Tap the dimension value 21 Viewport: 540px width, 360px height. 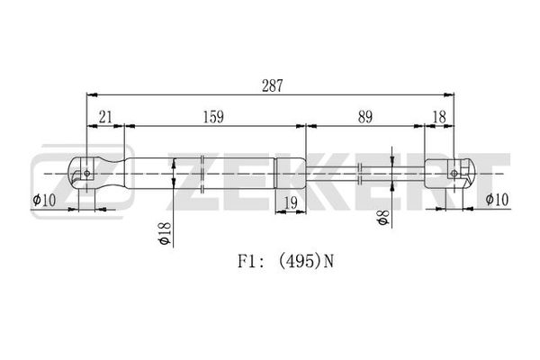point(105,116)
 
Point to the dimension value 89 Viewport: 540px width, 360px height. point(364,116)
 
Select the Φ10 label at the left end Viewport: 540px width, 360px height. point(45,199)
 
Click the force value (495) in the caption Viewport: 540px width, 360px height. point(298,262)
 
